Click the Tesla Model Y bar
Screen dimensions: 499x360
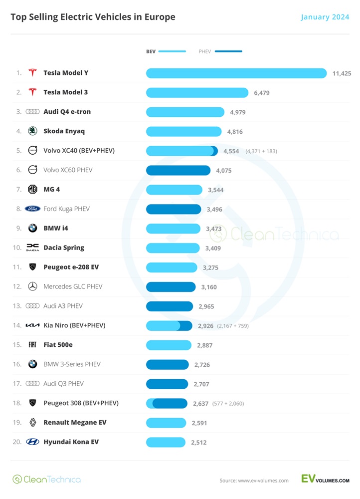236,73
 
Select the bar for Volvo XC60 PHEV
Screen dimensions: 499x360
178,170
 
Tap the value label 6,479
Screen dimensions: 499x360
261,93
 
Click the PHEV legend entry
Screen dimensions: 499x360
220,51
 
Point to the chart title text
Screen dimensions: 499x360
93,17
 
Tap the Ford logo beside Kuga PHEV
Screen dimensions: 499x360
32,209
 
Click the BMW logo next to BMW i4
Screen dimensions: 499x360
32,229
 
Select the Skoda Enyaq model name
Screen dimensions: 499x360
64,131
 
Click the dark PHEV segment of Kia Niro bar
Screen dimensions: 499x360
185,326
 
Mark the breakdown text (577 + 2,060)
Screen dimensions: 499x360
228,404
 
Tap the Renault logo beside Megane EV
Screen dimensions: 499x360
32,423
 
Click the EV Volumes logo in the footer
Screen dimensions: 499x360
325,479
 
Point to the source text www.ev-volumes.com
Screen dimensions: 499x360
254,481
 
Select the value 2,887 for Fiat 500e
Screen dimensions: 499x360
205,345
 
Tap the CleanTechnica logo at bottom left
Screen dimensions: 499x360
46,479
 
